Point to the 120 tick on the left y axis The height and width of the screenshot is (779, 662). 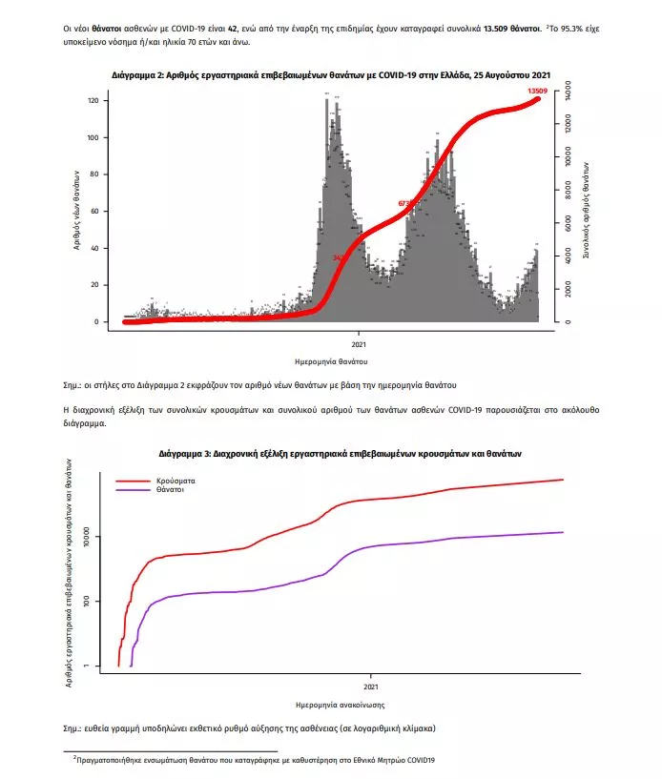click(x=92, y=101)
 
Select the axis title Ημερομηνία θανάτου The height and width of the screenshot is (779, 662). click(x=331, y=362)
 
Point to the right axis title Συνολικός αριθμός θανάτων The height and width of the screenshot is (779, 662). click(x=585, y=211)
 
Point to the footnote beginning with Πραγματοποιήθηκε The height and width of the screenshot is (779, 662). click(x=254, y=760)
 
